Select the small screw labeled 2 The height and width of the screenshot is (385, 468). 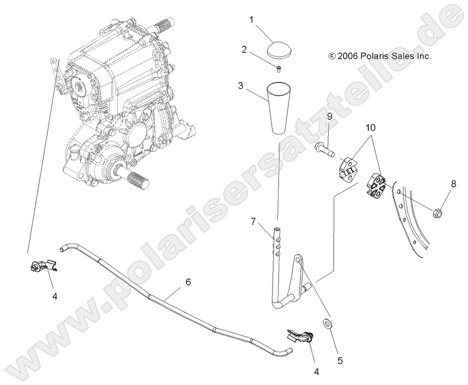pos(278,69)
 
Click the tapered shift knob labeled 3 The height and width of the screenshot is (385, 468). pos(279,107)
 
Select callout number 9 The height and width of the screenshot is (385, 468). pos(329,117)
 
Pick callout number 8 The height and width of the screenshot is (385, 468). pos(453,185)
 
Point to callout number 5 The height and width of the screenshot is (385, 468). pos(340,361)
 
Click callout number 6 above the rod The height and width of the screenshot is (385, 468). pos(188,282)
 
